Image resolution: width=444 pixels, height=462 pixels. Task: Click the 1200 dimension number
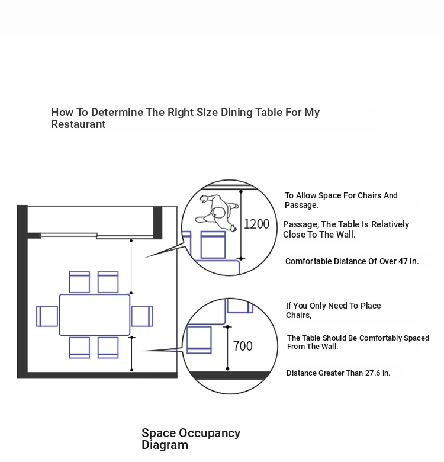click(256, 224)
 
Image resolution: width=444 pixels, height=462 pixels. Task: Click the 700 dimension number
click(243, 346)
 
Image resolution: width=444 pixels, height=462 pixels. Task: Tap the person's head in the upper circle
click(218, 213)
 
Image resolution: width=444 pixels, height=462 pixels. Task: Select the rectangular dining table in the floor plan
click(95, 315)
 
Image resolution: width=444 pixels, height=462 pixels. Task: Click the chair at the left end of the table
click(47, 316)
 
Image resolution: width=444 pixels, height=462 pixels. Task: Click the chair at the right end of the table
click(142, 316)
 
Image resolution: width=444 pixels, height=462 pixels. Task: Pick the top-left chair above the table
click(79, 283)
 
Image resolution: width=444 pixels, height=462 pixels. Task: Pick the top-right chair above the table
click(108, 283)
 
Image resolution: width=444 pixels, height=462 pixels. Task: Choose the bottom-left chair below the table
click(79, 348)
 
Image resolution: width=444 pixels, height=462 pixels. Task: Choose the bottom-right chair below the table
click(108, 348)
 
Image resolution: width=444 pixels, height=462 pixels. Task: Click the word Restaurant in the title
click(78, 124)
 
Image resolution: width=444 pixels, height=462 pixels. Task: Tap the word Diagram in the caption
click(165, 445)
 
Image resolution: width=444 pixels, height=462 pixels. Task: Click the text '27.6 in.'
click(378, 373)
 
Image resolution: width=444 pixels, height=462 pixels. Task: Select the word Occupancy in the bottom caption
click(210, 434)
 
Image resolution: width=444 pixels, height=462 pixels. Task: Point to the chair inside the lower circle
click(199, 340)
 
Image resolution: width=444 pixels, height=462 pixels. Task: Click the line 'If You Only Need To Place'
click(333, 306)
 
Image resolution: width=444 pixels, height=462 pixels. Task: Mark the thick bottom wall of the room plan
click(97, 376)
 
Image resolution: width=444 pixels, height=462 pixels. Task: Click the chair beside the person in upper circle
click(213, 245)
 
